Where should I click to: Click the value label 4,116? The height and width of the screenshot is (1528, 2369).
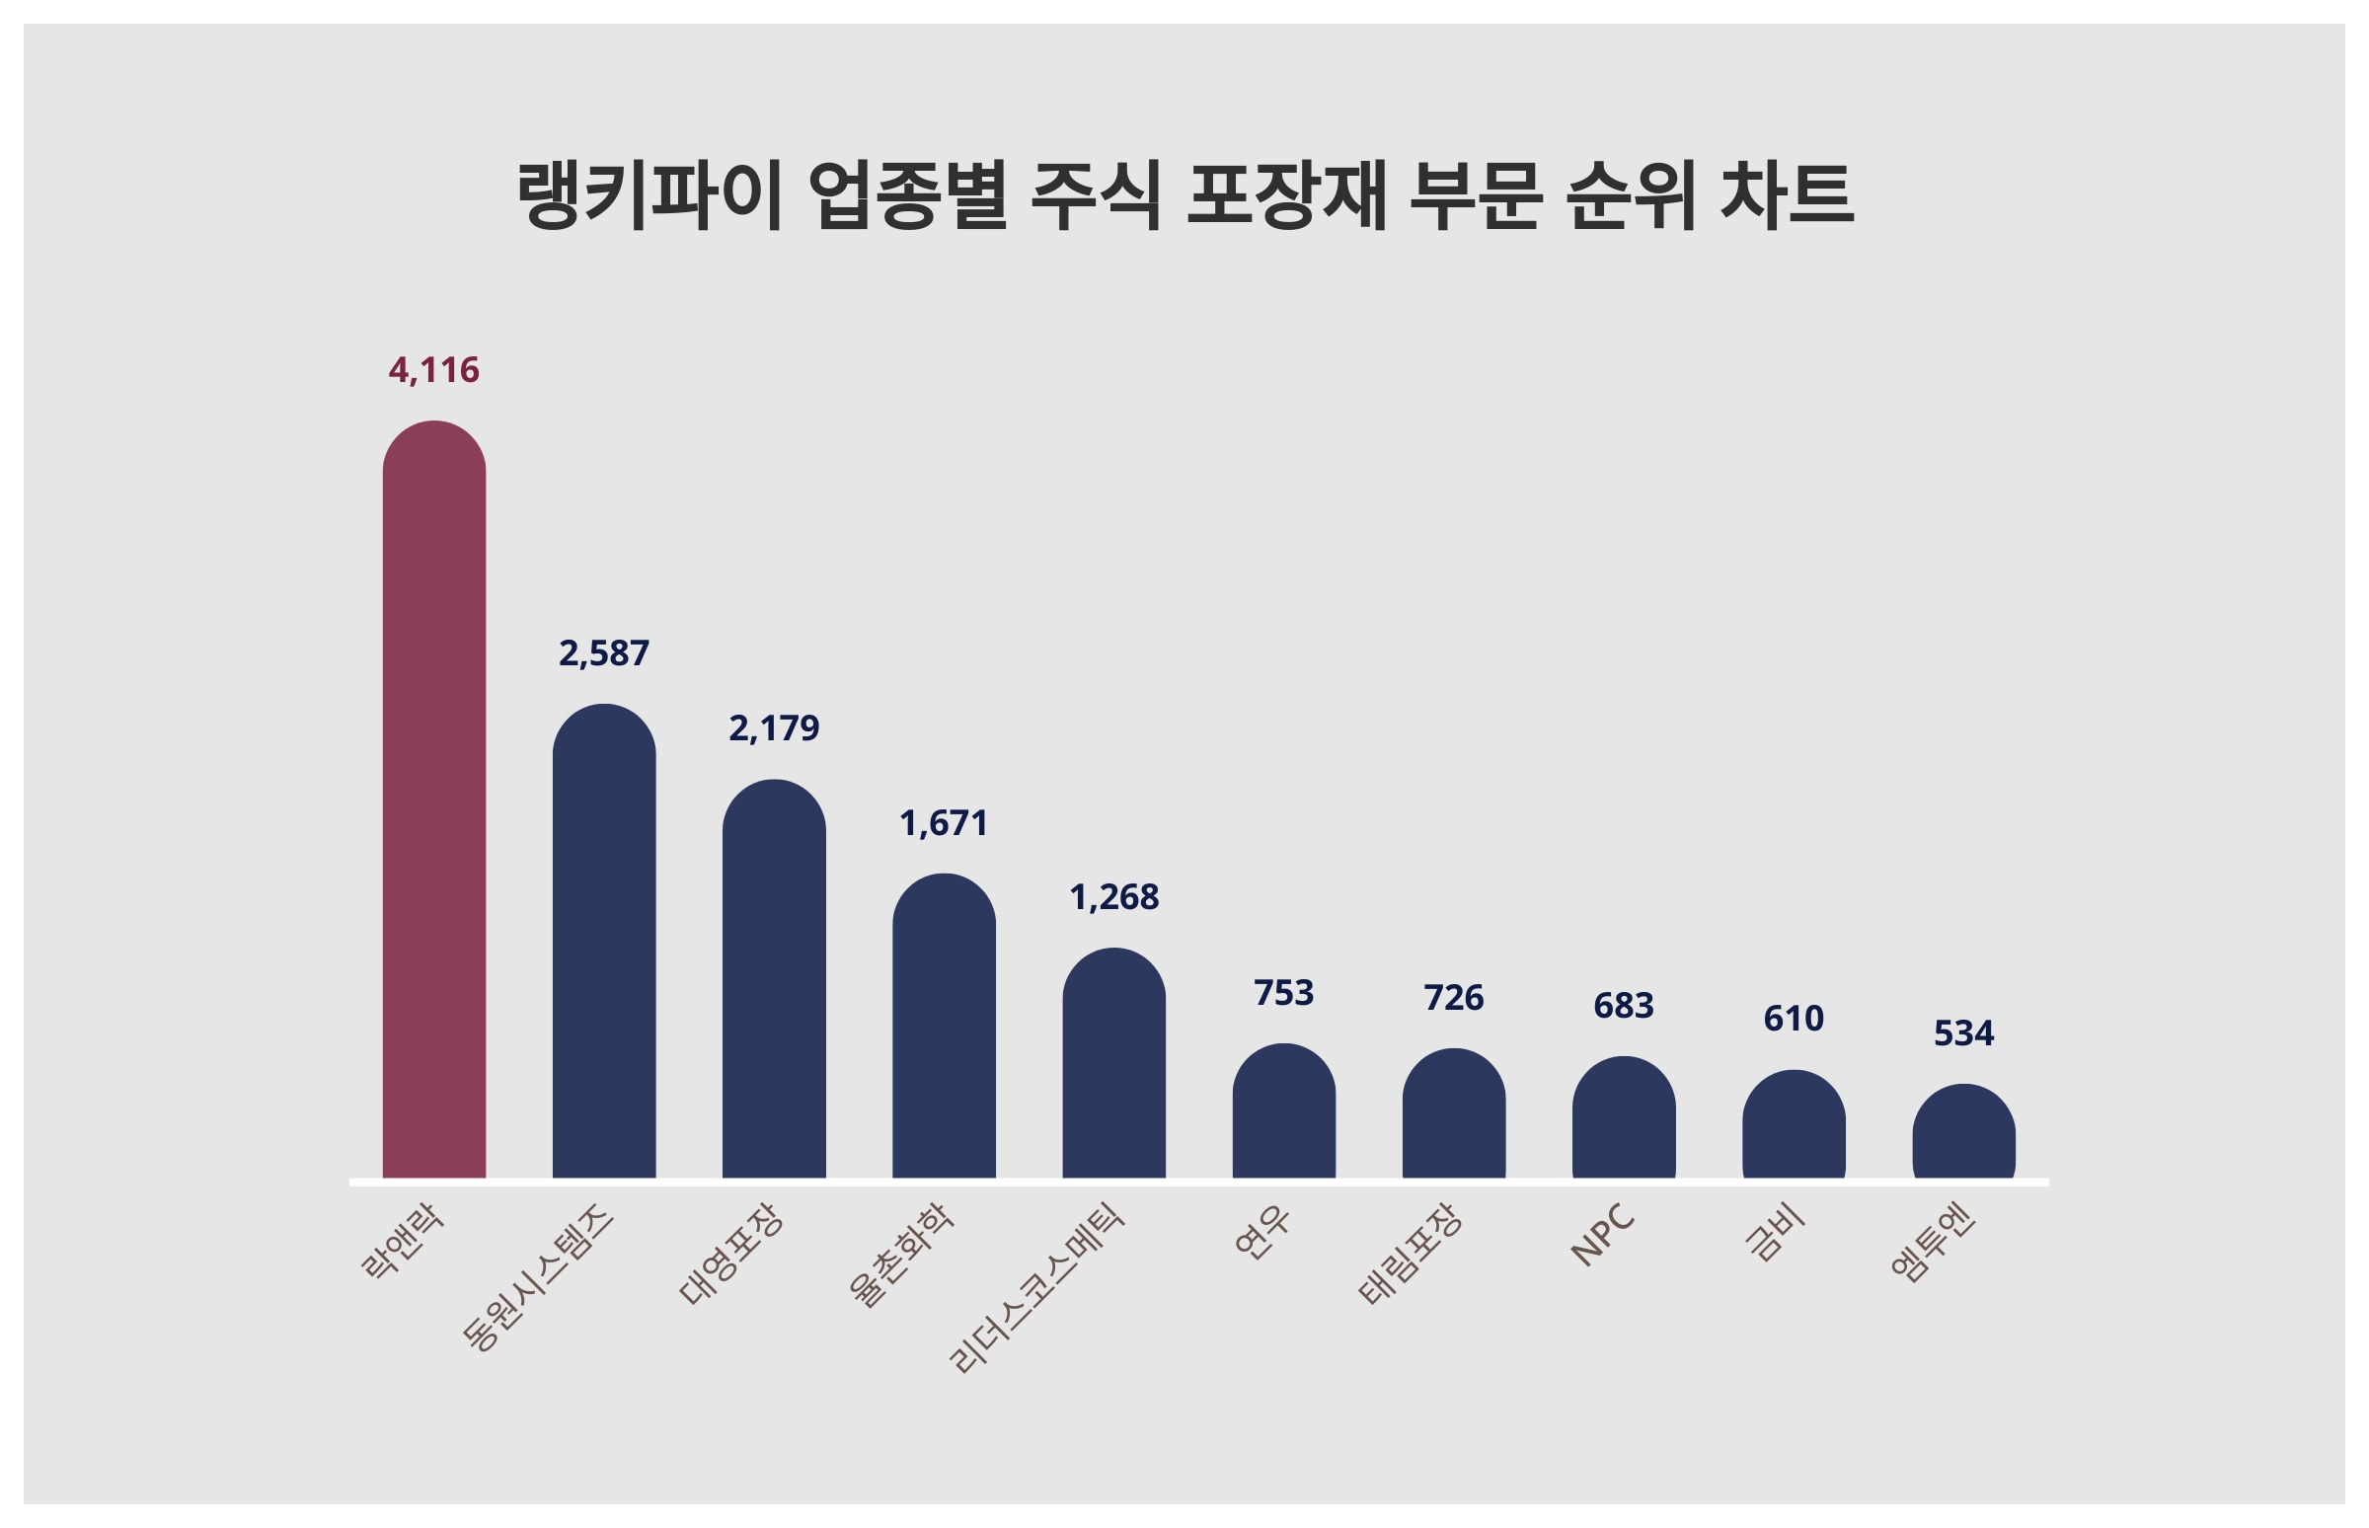tap(433, 370)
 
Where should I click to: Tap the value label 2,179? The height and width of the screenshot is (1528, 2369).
tap(774, 728)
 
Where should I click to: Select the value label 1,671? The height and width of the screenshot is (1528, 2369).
tap(944, 822)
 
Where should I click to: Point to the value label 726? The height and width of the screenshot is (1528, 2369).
tap(1453, 997)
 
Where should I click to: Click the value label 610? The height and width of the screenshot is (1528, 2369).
tap(1793, 1018)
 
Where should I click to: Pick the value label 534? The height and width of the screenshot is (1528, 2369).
tap(1963, 1032)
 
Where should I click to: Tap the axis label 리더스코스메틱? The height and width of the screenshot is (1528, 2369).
tap(1035, 1288)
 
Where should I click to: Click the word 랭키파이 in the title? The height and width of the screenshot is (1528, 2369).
tap(650, 195)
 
